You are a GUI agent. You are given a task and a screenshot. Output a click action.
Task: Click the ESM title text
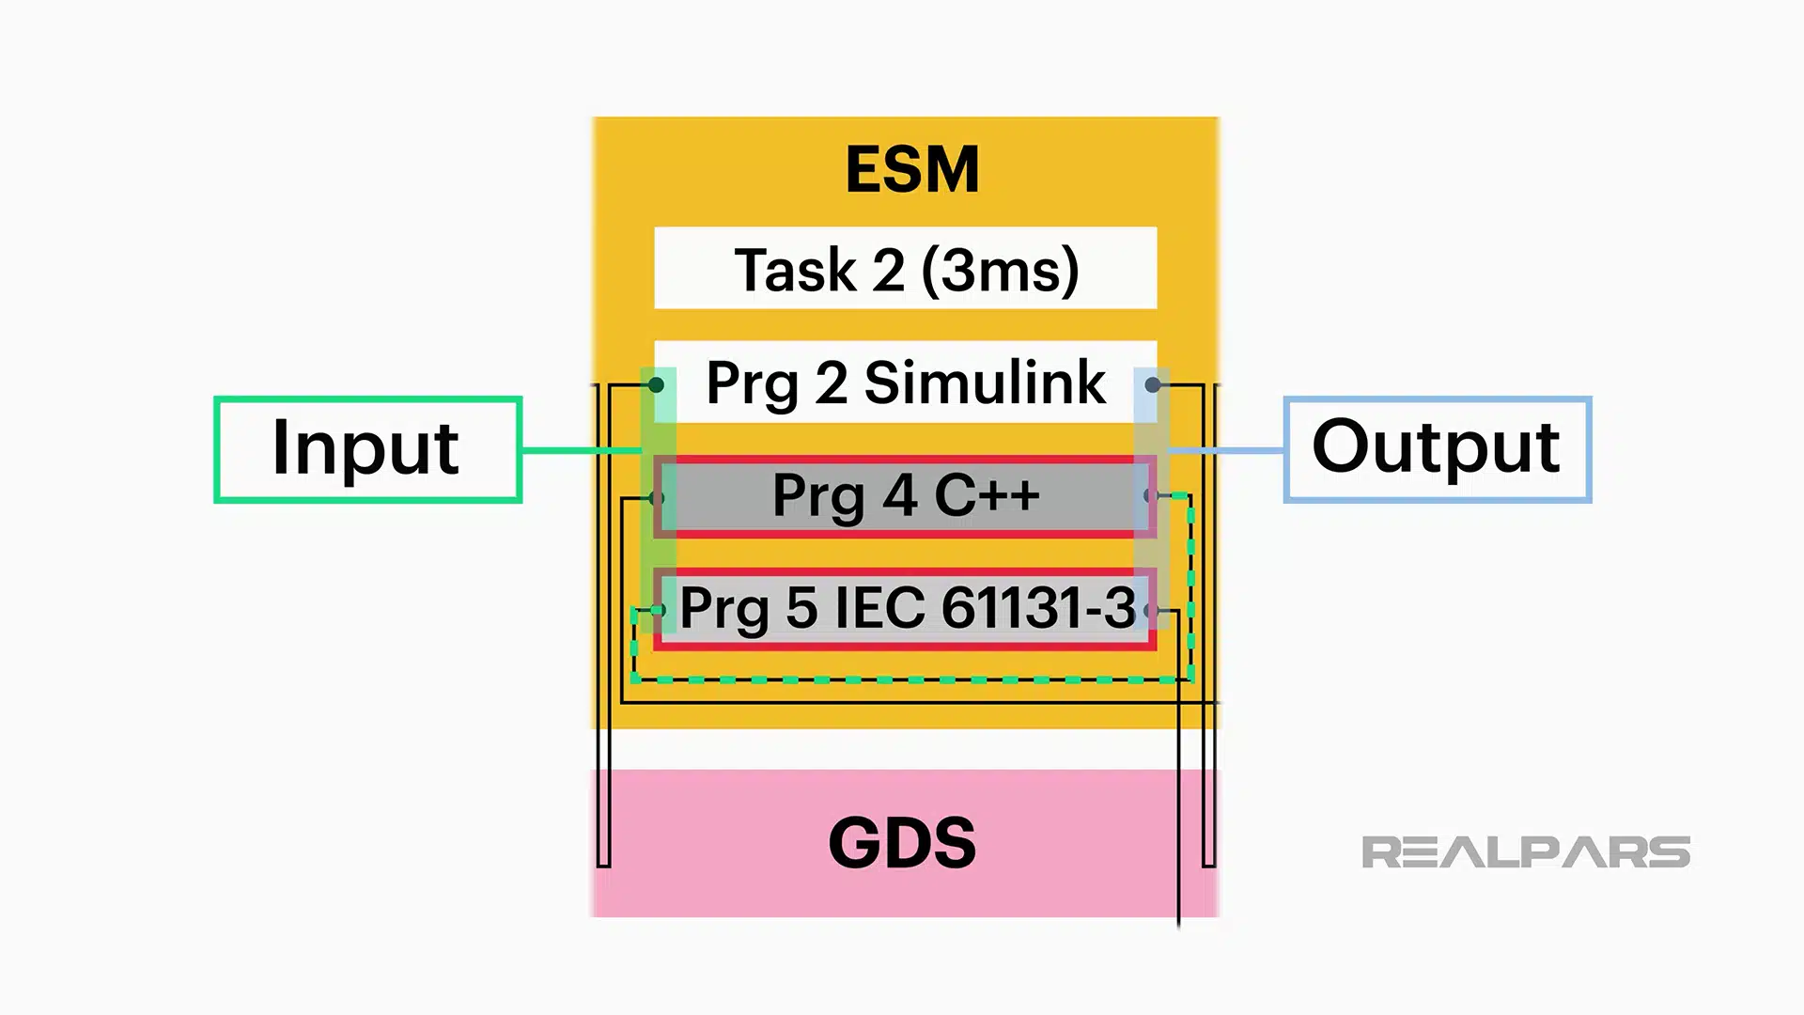(x=911, y=170)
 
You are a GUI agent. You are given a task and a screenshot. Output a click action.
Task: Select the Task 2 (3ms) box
(x=905, y=269)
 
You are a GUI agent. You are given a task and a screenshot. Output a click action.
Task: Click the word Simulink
(x=984, y=383)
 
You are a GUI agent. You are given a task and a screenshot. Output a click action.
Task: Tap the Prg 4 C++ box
(x=905, y=496)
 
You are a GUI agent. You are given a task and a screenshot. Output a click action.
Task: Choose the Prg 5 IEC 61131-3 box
(x=905, y=608)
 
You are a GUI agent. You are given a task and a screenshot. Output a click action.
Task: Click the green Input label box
(x=367, y=449)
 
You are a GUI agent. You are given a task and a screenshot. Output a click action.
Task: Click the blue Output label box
(x=1437, y=449)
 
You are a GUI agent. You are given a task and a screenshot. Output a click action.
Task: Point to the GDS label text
(x=902, y=842)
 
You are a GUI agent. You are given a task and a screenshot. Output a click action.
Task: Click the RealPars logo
(x=1525, y=852)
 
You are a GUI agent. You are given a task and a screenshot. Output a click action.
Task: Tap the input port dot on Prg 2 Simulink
(x=657, y=384)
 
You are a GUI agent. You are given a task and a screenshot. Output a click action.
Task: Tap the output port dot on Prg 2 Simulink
(x=1153, y=384)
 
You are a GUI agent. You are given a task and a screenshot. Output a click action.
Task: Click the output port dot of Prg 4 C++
(x=1150, y=495)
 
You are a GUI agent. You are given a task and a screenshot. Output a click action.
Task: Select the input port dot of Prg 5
(x=658, y=610)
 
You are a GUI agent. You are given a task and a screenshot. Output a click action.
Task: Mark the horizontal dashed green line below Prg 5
(x=911, y=679)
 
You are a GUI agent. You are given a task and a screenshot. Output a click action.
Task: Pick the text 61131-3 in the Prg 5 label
(x=1037, y=608)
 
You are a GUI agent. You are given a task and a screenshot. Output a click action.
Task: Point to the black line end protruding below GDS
(x=1179, y=923)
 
